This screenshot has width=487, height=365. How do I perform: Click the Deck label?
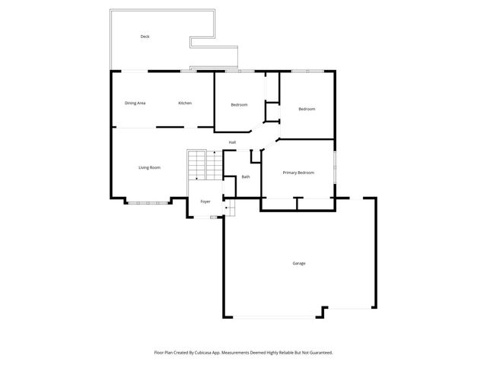(x=145, y=36)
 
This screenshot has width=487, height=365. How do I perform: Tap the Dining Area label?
(x=135, y=103)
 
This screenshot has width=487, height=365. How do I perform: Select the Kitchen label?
(x=185, y=103)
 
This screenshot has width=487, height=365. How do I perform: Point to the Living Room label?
(x=149, y=167)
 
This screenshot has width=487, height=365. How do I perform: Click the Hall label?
(x=232, y=142)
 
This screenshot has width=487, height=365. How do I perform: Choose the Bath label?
(x=246, y=177)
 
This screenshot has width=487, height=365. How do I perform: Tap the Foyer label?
(x=205, y=202)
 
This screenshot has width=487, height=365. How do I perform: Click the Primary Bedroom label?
(x=298, y=173)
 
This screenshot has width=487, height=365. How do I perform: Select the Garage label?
(x=299, y=263)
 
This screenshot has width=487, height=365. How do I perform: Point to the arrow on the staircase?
(x=197, y=176)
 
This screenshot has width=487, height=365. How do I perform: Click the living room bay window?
(x=149, y=202)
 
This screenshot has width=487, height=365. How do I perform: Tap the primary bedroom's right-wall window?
(x=334, y=166)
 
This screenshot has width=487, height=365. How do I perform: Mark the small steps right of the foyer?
(x=229, y=206)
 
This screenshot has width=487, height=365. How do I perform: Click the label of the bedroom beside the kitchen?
(x=240, y=104)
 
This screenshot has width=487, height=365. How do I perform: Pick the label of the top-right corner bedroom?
(x=307, y=109)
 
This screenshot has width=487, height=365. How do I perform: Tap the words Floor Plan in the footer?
(x=164, y=352)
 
